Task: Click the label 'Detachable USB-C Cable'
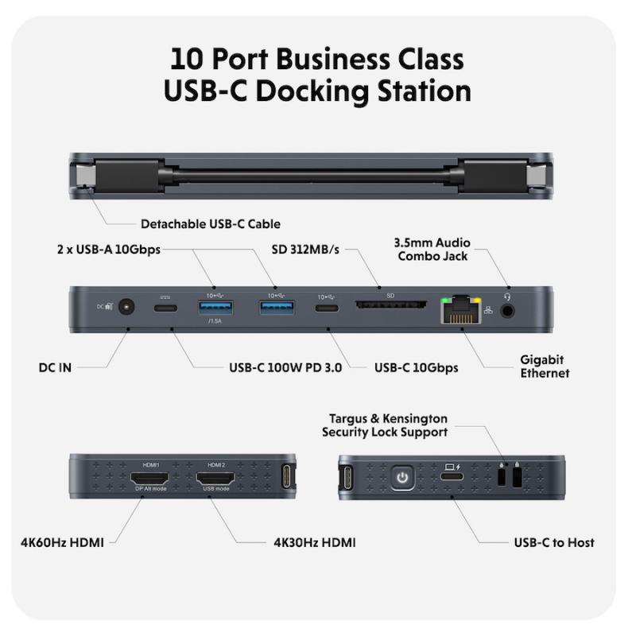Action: [x=210, y=224]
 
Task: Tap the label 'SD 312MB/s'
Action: [x=304, y=250]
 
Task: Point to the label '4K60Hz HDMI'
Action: [x=63, y=543]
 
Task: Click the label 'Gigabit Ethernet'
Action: [x=545, y=366]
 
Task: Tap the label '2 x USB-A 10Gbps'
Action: [x=109, y=250]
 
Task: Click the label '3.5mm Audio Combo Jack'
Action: [x=433, y=249]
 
